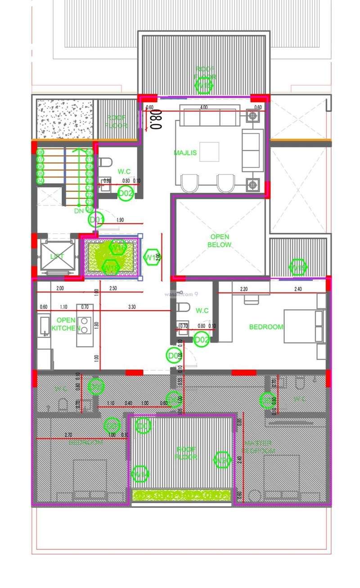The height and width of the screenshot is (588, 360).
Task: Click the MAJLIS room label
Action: pos(185,153)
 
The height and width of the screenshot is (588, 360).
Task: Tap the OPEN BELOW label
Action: pos(219,241)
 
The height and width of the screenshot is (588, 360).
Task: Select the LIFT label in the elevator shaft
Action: pos(57,256)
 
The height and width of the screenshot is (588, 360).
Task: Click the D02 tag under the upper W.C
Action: pos(126,194)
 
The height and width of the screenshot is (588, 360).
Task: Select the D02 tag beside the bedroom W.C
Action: pos(201,340)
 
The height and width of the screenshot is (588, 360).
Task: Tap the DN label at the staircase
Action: pos(79,211)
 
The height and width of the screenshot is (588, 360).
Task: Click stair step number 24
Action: pos(89,209)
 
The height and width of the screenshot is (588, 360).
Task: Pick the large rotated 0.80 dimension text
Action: pos(156,118)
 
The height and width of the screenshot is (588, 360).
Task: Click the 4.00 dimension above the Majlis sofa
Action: pos(203,107)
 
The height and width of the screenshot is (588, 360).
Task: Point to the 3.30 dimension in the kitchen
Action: pos(132,307)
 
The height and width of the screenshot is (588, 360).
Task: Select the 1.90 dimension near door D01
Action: pos(120,220)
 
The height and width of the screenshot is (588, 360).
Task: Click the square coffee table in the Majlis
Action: pos(209,151)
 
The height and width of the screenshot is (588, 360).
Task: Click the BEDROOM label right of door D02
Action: pos(266,327)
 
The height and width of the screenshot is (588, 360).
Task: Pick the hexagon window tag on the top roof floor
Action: pos(204,86)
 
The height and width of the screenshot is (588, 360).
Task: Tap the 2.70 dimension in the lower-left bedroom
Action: pos(68,435)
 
